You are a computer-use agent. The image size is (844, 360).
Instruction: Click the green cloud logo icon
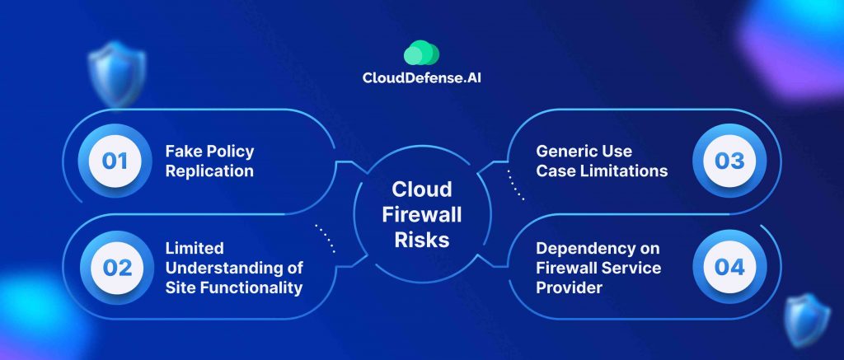coord(421,54)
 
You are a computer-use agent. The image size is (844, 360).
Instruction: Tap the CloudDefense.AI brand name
coord(421,80)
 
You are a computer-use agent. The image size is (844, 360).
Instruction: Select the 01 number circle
coord(114,161)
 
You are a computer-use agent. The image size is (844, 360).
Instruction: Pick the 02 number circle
coord(114,268)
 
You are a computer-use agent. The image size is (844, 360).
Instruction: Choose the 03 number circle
coord(729,161)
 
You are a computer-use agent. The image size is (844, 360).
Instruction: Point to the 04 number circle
coord(729,268)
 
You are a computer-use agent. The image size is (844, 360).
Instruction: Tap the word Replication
coord(209,172)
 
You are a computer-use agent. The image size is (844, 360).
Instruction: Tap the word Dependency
coord(584,247)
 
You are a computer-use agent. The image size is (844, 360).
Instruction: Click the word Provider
coord(566,288)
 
